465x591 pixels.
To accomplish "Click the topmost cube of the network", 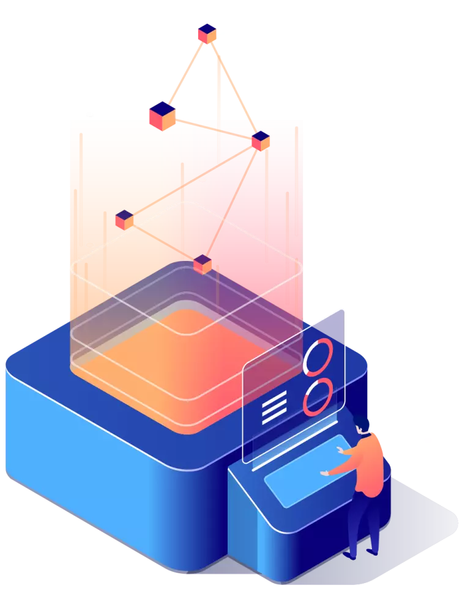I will [207, 32].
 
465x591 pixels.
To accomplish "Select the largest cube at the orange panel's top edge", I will [162, 115].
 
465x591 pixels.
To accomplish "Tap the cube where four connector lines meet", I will [261, 140].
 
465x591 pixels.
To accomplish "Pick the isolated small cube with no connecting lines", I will [124, 219].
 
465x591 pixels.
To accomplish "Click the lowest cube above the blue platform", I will [203, 264].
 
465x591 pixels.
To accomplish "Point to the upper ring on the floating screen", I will [318, 358].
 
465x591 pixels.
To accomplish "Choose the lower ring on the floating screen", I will [318, 397].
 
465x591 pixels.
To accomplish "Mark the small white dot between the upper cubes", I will [203, 180].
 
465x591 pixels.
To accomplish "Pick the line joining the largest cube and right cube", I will [214, 128].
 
